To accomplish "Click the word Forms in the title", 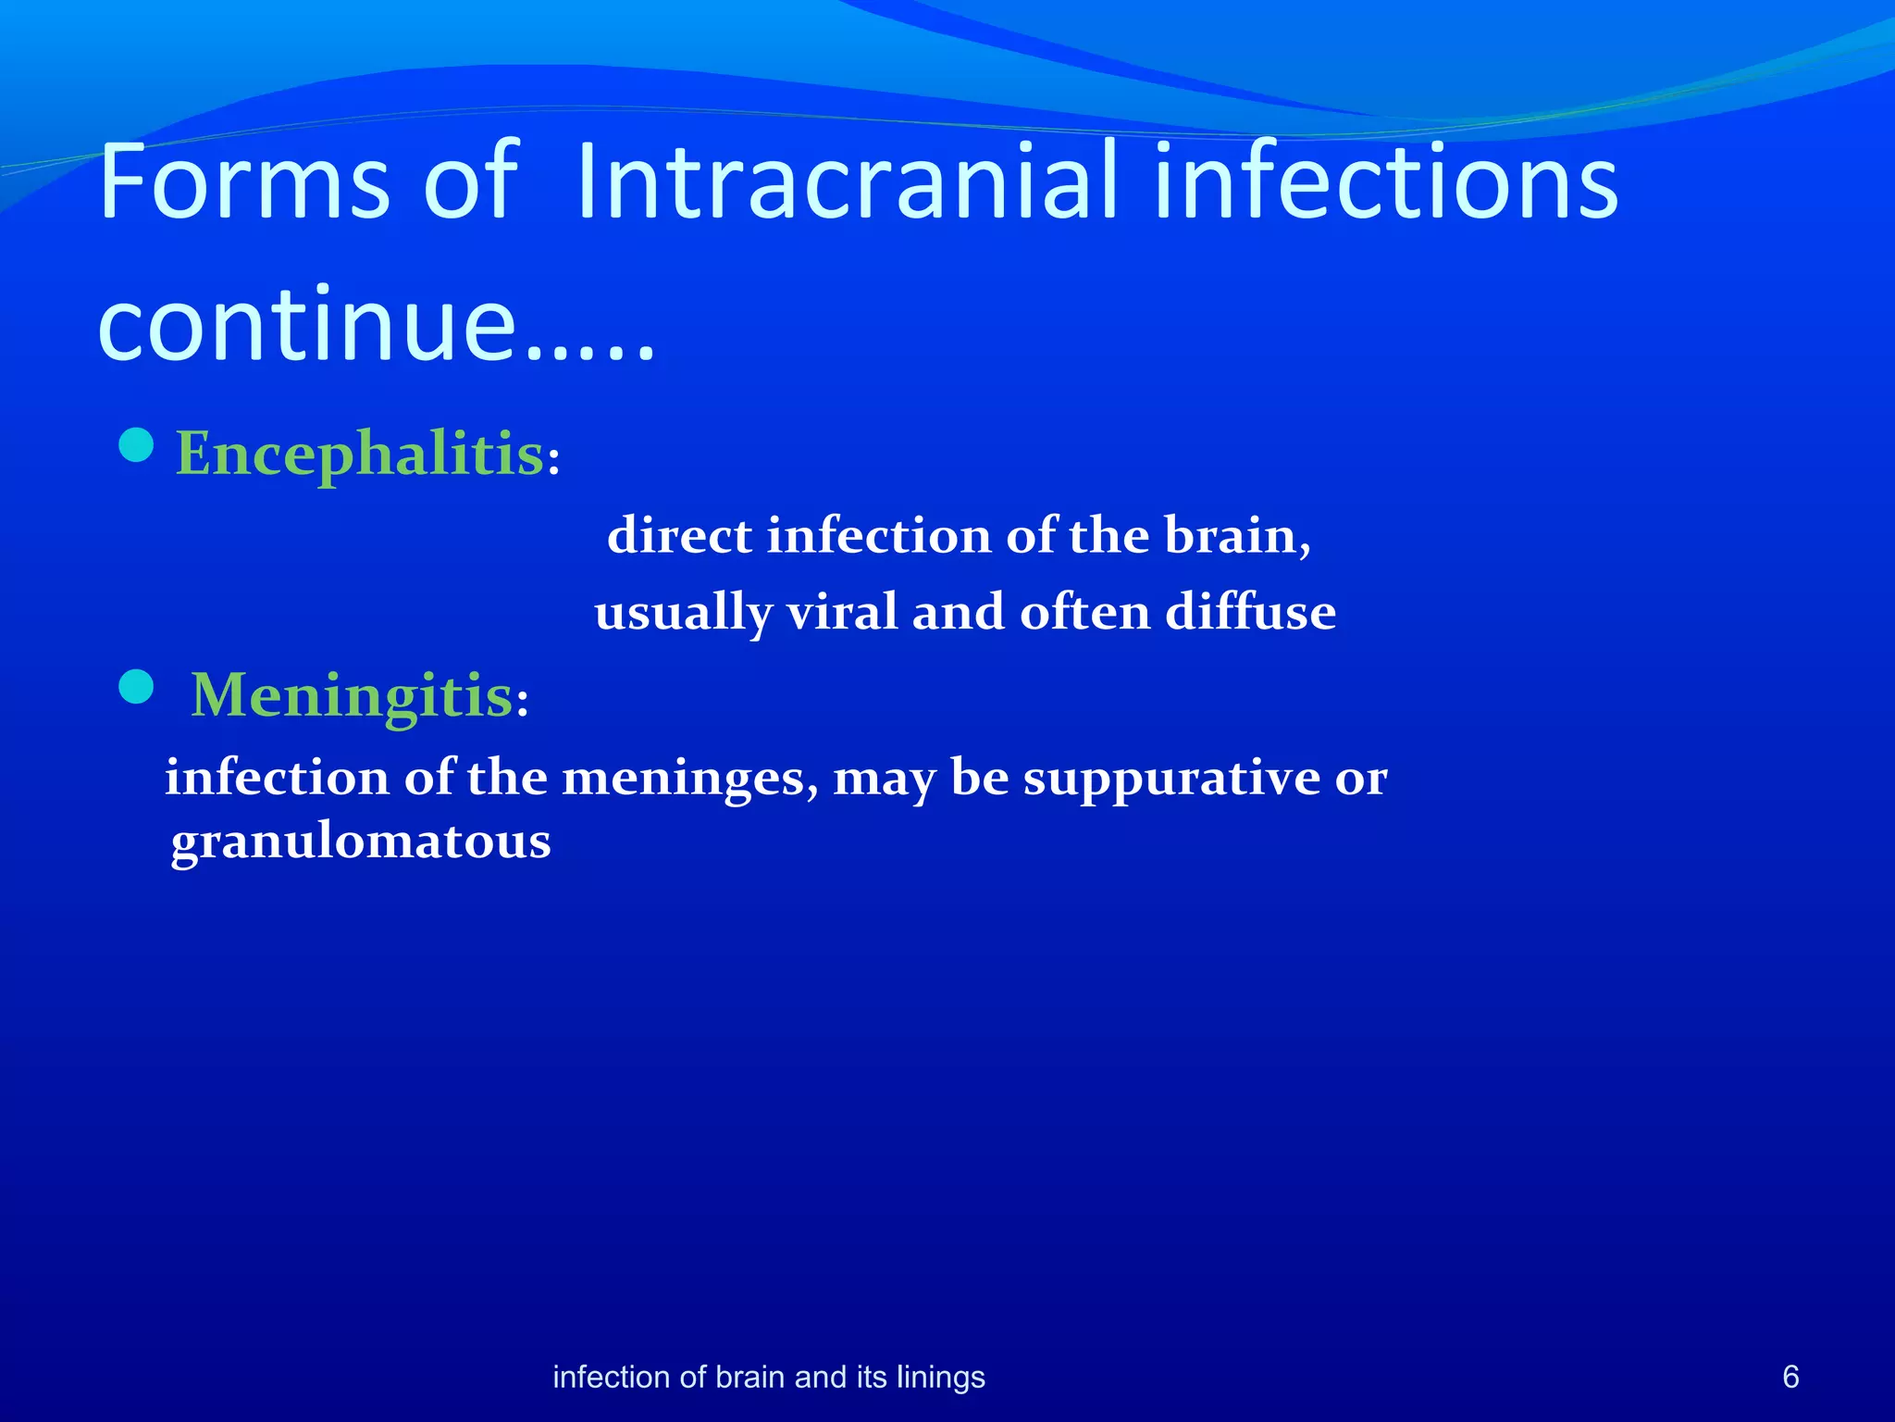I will click(x=244, y=182).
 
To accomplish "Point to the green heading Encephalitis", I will click(x=360, y=454).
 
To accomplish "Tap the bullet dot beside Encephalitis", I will click(x=137, y=446).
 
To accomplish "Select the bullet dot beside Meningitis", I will click(x=137, y=688).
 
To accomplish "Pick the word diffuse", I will click(x=1250, y=613).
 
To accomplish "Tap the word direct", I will click(x=679, y=536).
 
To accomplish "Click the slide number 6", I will click(x=1790, y=1377).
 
